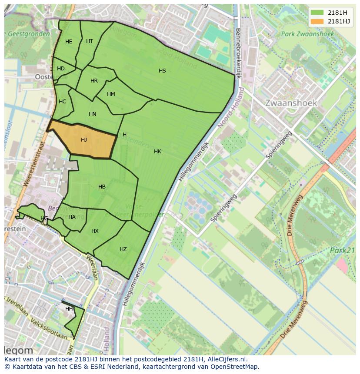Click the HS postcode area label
coord(162,71)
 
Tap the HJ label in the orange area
coord(84,140)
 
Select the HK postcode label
coord(157,152)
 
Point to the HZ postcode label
coord(123,249)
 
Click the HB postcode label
coord(102,187)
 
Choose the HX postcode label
coord(95,231)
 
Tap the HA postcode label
coord(72,217)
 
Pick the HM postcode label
coord(111,94)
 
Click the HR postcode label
coord(94,81)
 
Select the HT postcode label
coord(90,41)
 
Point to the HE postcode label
coord(69,42)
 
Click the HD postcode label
coord(61,69)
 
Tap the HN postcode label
coord(92,114)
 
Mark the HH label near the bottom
coord(69,309)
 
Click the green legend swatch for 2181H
coord(317,12)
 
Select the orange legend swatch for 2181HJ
coord(317,21)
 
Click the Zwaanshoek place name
coord(291,103)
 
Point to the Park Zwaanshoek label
coord(307,34)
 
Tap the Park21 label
coord(343,251)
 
